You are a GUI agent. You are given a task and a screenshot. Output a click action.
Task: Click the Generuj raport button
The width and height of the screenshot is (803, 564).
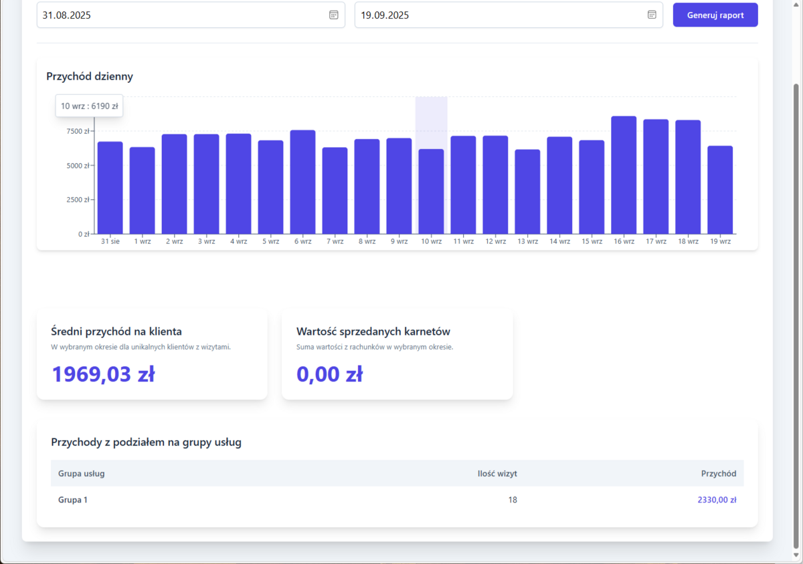coord(715,15)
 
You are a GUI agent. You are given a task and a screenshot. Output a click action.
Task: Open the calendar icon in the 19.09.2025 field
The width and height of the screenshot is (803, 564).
coord(652,15)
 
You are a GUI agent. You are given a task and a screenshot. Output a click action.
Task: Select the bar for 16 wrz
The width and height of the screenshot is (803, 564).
coord(624,175)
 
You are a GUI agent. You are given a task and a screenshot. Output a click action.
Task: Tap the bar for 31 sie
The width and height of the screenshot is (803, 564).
coord(110,188)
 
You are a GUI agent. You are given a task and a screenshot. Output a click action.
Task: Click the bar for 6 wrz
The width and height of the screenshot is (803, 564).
coord(302,182)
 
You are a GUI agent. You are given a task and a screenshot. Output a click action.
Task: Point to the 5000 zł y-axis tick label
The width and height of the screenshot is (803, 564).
coord(78,166)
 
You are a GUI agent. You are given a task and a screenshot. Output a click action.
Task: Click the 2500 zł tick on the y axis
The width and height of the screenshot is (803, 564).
coord(78,200)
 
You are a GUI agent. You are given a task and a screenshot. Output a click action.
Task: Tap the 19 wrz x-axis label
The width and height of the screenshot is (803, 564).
coord(720,241)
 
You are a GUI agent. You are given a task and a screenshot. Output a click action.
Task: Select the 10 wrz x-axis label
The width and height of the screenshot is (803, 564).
coord(431,241)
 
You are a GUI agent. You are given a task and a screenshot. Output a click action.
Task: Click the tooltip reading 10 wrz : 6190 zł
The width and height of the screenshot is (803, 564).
coord(89,106)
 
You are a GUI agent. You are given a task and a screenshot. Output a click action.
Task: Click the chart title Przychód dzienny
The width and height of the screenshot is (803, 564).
coord(90,76)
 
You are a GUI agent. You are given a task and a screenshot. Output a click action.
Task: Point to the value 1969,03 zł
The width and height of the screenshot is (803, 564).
coord(103,374)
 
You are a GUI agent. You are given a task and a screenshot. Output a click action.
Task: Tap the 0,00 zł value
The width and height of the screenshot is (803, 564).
coord(329,374)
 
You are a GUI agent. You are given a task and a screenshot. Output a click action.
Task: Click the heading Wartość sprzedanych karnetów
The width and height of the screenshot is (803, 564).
coord(373,331)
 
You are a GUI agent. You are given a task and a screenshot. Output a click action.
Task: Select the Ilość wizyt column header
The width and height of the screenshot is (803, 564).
coord(497,474)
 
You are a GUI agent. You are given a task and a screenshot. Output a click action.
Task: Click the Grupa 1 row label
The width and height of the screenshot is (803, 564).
coord(73,500)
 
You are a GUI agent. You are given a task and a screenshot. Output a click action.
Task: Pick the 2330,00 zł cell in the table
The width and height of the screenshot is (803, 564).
coord(717,500)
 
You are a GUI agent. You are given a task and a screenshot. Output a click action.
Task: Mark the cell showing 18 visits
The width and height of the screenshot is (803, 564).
coord(513,500)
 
